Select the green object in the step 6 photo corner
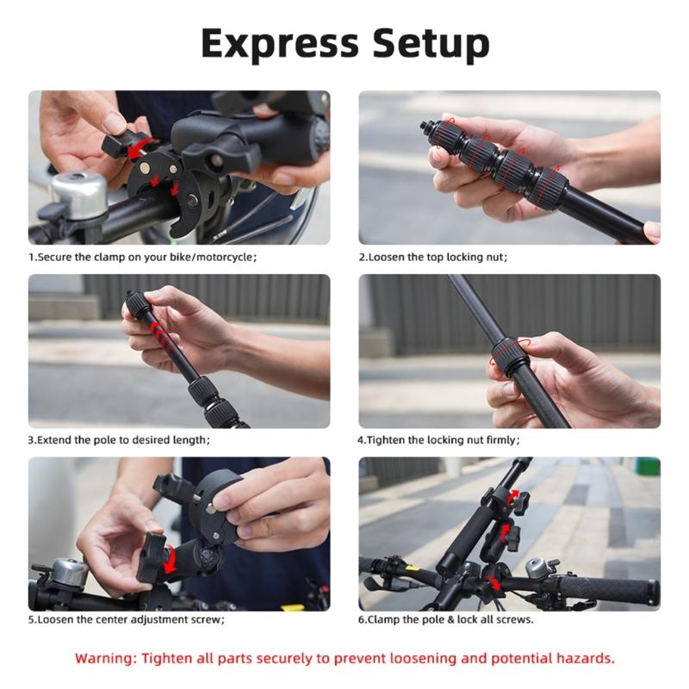(x=648, y=466)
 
